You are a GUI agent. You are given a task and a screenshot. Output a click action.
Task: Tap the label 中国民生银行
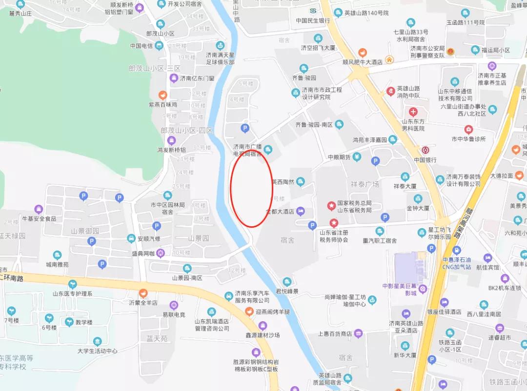[313, 20]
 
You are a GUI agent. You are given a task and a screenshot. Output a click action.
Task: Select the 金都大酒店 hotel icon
[301, 211]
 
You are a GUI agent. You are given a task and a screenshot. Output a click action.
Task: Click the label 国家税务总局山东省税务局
[355, 206]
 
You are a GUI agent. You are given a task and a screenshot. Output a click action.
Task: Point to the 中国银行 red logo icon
[426, 150]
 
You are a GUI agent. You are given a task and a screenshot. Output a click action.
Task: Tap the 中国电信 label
[142, 46]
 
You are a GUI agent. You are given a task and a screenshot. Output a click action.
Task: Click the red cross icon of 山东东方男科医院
[413, 112]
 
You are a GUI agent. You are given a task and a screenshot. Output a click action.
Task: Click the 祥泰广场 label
[365, 184]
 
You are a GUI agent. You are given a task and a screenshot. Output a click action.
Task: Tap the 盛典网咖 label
[143, 253]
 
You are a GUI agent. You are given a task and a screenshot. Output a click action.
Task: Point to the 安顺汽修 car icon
[131, 238]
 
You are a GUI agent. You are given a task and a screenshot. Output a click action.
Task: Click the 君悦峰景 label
[287, 291]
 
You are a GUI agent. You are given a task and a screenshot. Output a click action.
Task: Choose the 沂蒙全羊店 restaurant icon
[143, 293]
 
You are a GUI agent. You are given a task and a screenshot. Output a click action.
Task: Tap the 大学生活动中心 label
[98, 351]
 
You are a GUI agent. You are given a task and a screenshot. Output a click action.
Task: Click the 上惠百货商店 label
[335, 333]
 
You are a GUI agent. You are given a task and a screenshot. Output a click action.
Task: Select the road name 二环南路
[12, 277]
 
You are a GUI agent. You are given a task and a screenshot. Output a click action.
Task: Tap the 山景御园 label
[85, 231]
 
